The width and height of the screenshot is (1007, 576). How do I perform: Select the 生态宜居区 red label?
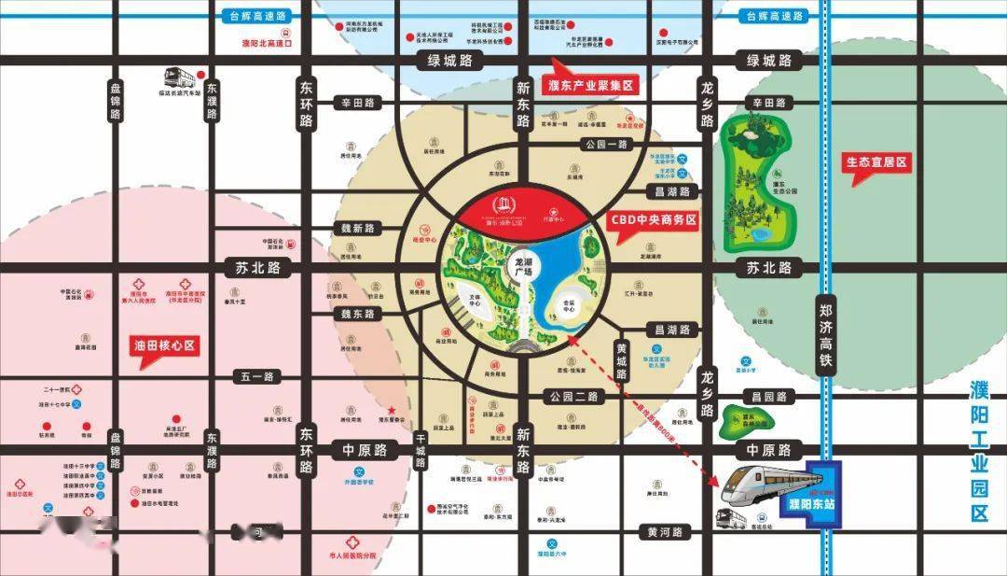click(x=876, y=162)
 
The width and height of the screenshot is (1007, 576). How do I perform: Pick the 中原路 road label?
click(x=365, y=450)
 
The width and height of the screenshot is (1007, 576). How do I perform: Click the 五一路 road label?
click(x=257, y=376)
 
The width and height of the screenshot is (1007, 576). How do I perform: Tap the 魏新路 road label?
click(x=356, y=228)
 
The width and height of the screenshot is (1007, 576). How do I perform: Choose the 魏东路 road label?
click(x=356, y=314)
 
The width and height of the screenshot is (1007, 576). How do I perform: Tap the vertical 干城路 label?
click(x=421, y=452)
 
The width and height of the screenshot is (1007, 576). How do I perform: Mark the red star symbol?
click(x=393, y=411)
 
